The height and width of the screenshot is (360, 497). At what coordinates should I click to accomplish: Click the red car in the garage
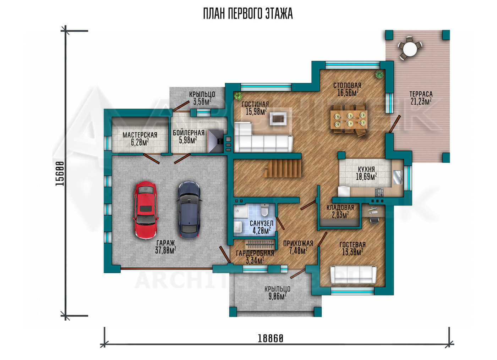pyautogui.click(x=145, y=210)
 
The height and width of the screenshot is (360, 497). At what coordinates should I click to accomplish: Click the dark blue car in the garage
pyautogui.click(x=189, y=210)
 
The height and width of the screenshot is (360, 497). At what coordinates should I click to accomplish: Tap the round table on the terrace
pyautogui.click(x=410, y=49)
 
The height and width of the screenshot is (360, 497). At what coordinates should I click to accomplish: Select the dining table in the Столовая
pyautogui.click(x=349, y=120)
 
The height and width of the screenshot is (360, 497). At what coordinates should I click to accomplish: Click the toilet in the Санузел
pyautogui.click(x=265, y=210)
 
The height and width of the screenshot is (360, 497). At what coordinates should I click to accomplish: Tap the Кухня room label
pyautogui.click(x=366, y=169)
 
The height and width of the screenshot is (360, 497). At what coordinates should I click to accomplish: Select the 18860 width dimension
pyautogui.click(x=271, y=338)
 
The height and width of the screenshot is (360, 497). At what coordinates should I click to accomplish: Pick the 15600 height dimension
pyautogui.click(x=60, y=173)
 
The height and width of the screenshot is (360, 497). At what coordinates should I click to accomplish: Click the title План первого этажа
pyautogui.click(x=248, y=14)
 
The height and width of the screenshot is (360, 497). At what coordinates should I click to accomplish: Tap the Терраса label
pyautogui.click(x=421, y=94)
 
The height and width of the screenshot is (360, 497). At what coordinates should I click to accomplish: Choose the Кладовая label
pyautogui.click(x=340, y=208)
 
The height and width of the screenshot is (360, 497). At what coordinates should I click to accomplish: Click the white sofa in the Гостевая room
pyautogui.click(x=353, y=275)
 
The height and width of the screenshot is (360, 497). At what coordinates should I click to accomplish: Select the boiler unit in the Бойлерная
pyautogui.click(x=215, y=141)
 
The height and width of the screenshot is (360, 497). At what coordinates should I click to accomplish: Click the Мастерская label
pyautogui.click(x=140, y=135)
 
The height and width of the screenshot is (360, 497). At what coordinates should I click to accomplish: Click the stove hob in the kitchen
pyautogui.click(x=379, y=192)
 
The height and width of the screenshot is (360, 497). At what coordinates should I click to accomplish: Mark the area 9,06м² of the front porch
pyautogui.click(x=277, y=296)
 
